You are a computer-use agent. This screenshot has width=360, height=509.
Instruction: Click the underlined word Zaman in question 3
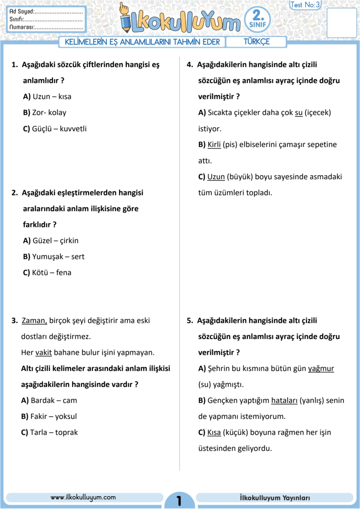coord(34,321)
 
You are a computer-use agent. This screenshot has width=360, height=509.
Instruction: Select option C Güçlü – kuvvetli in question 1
coord(55,129)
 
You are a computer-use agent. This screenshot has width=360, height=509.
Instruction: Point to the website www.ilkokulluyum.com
coord(83,497)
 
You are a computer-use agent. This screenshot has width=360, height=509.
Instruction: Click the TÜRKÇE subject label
coord(256,42)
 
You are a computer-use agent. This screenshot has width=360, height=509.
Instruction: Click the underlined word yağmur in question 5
coord(321,368)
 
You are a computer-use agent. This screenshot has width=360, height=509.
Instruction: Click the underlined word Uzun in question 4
coord(216,177)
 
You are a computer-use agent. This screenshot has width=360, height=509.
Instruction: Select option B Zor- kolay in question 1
coord(44,112)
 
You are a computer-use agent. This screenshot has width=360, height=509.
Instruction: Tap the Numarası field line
coord(59,27)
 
